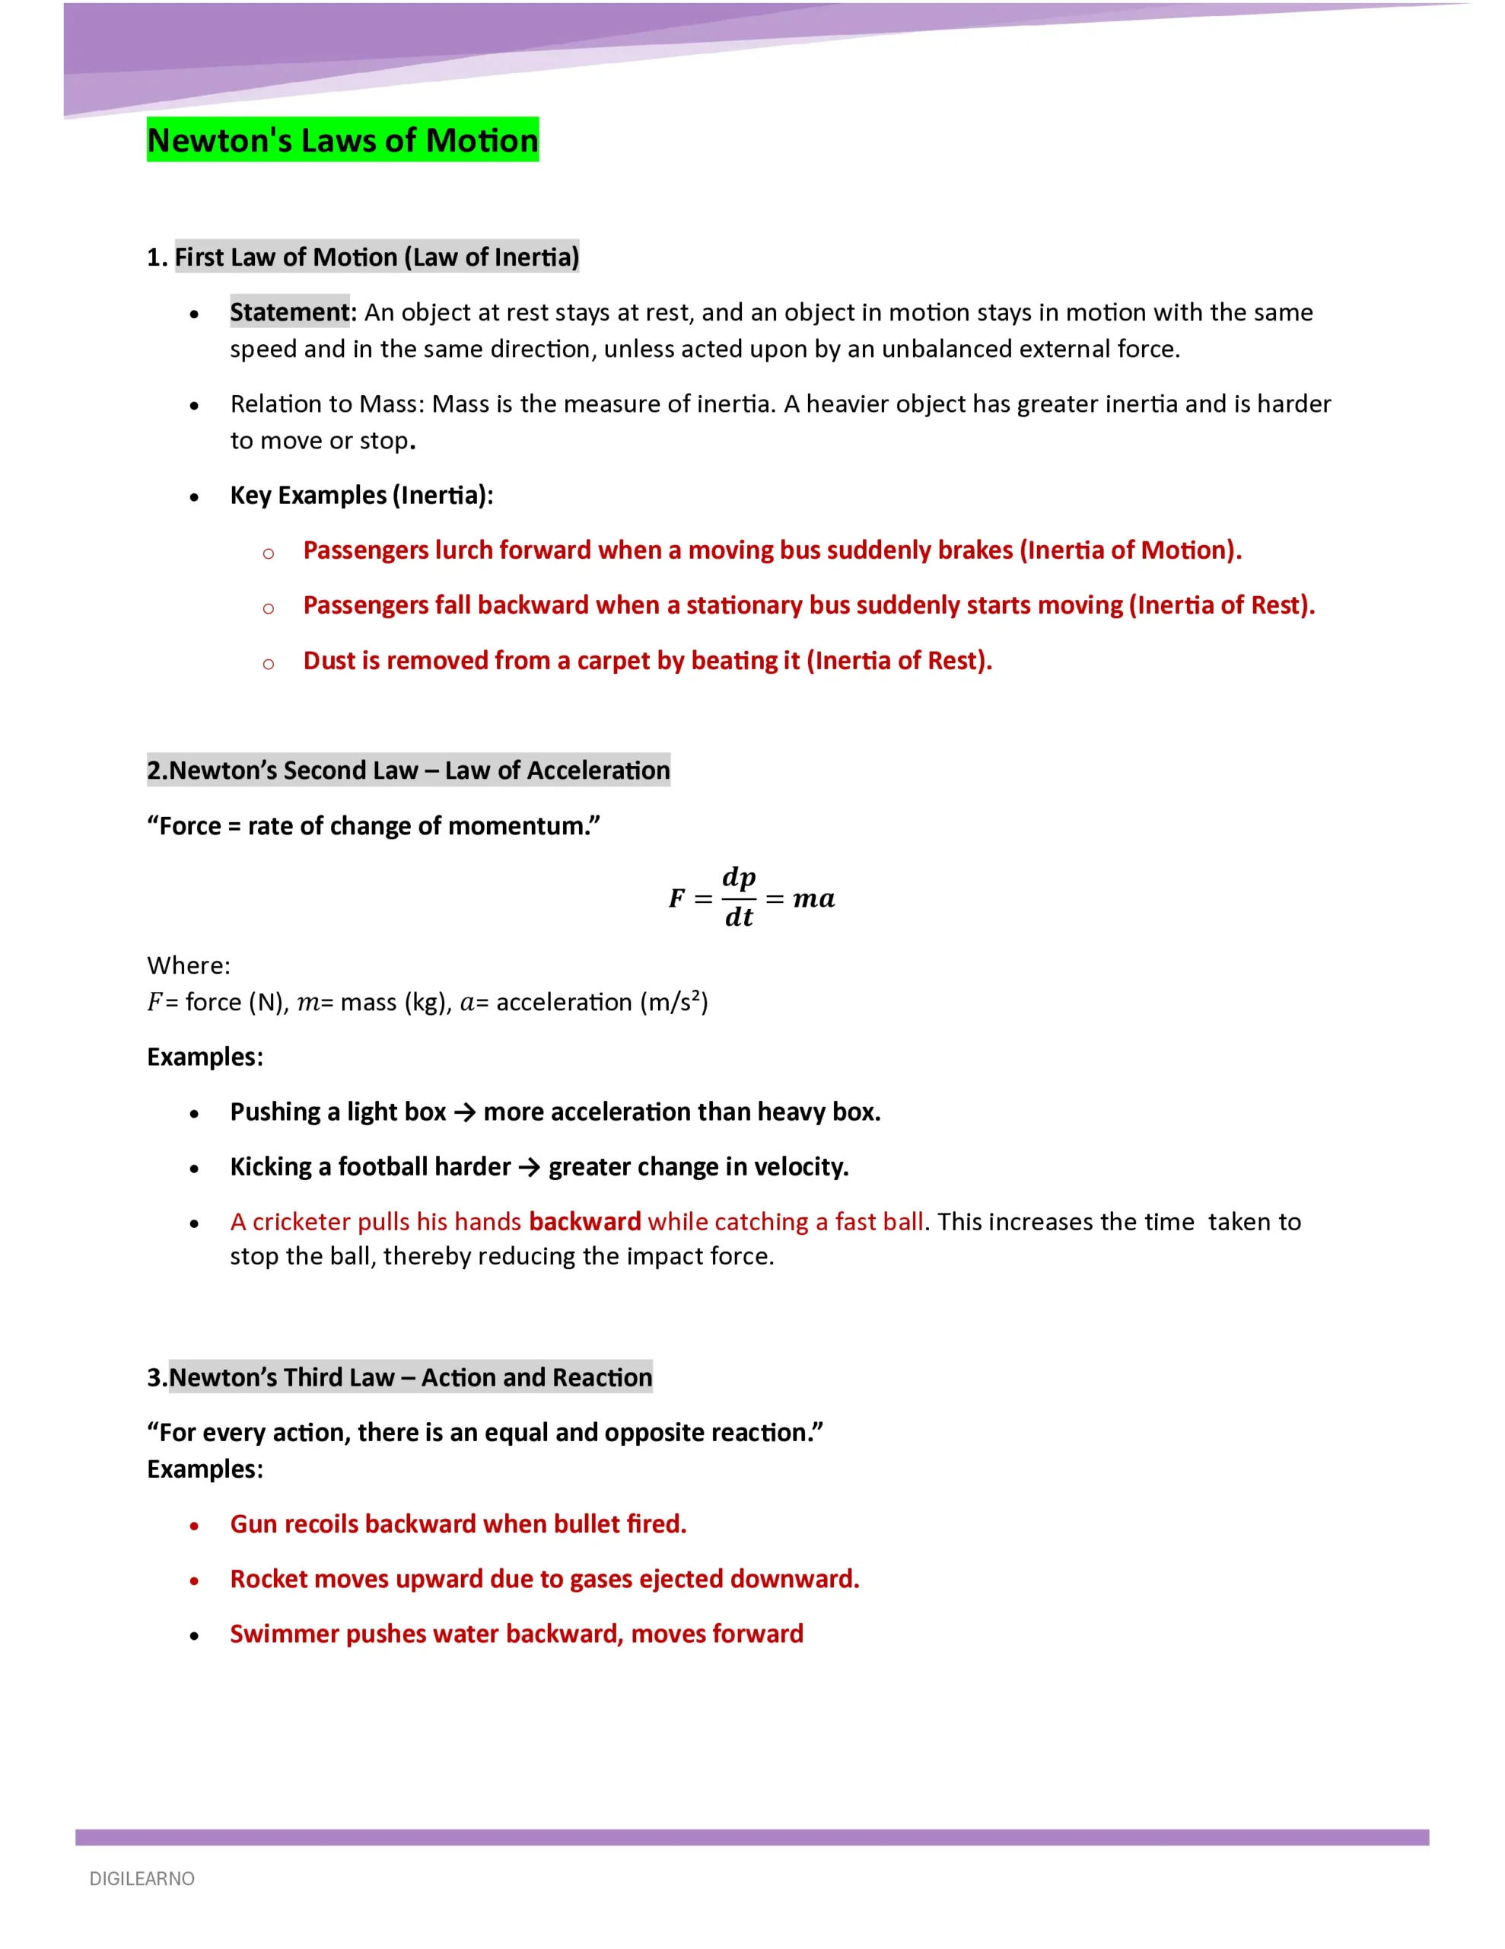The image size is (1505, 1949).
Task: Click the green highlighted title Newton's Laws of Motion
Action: [342, 140]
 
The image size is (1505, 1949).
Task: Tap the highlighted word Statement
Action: [289, 311]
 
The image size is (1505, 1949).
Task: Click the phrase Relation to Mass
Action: [326, 404]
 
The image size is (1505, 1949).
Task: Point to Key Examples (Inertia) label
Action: [361, 496]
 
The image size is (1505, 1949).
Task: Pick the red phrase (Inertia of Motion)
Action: [1132, 550]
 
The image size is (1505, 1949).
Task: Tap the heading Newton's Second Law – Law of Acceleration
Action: [409, 770]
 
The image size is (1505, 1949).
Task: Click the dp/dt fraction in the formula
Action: [739, 897]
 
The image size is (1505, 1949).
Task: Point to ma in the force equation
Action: [813, 898]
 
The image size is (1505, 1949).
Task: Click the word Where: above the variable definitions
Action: [188, 965]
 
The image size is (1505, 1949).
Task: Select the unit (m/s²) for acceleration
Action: [673, 1002]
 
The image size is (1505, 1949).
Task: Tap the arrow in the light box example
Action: [464, 1112]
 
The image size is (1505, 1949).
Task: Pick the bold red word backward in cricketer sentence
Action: [584, 1222]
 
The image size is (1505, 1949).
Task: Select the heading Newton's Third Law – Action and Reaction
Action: [399, 1377]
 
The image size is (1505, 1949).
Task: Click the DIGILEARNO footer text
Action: [142, 1878]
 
